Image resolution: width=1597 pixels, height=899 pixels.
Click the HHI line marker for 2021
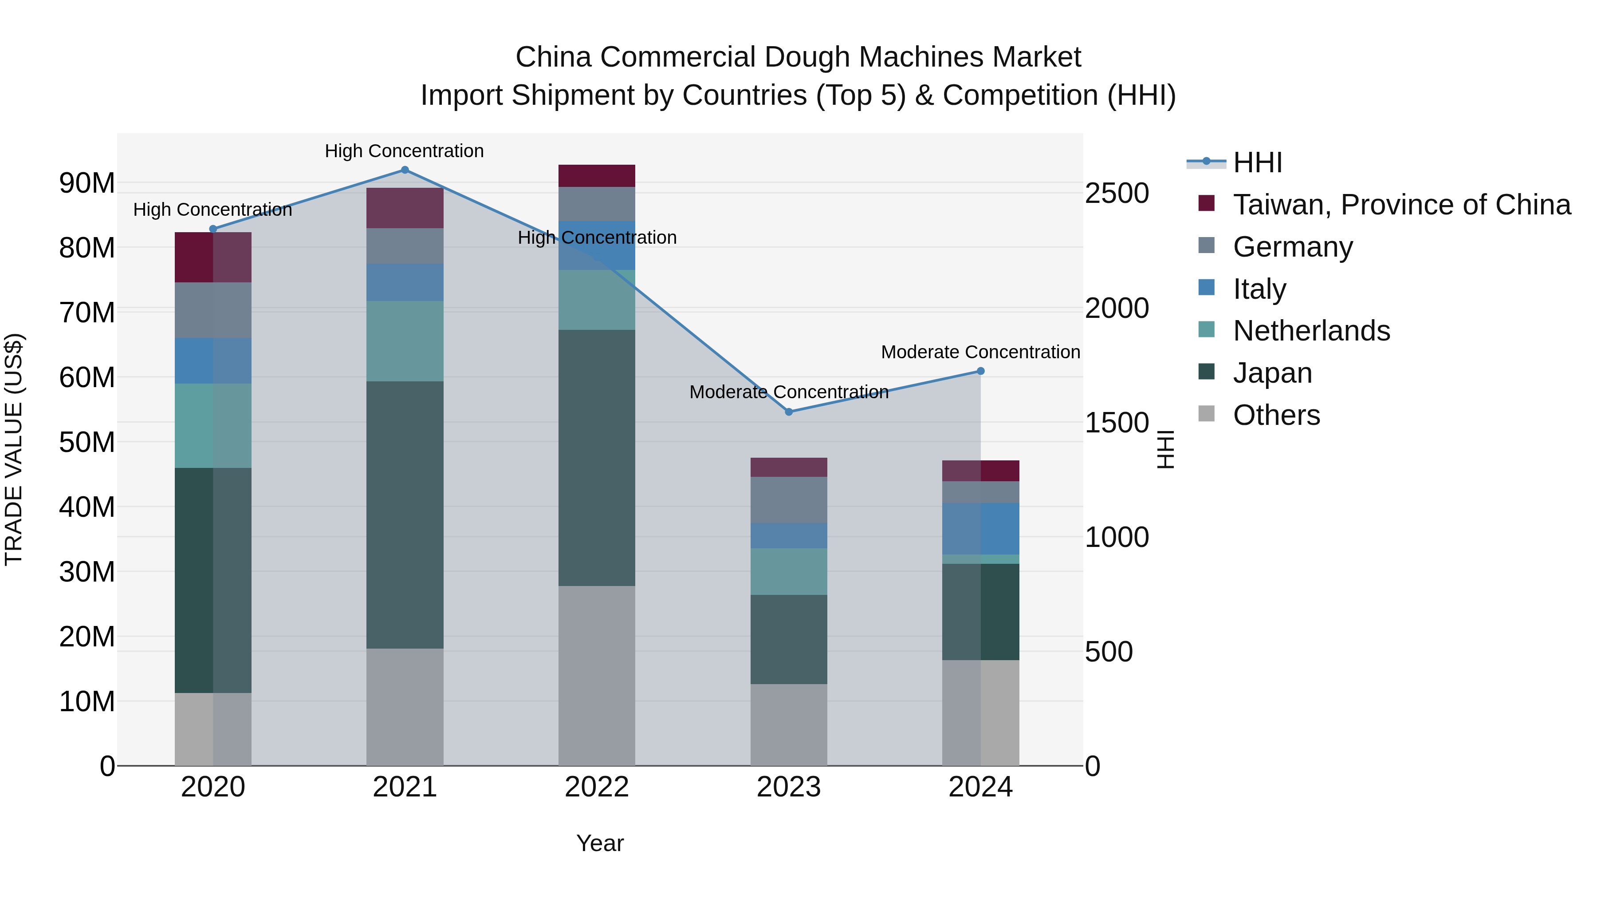point(405,170)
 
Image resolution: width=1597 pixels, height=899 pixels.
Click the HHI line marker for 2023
point(789,412)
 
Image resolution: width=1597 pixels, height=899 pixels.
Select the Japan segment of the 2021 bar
point(405,515)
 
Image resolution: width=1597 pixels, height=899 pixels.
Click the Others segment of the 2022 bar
point(596,676)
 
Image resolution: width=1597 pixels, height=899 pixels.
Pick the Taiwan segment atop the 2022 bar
point(596,175)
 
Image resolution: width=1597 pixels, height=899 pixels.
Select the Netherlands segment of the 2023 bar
point(789,571)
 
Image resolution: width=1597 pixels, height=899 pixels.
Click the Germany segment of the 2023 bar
point(789,499)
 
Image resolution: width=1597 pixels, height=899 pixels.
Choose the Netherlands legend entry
point(1311,331)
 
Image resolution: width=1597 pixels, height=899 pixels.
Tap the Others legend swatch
point(1207,413)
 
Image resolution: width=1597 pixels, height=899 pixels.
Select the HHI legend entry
point(1257,162)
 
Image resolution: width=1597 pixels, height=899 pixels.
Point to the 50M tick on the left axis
point(87,442)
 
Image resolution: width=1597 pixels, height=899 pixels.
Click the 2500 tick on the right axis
point(1117,193)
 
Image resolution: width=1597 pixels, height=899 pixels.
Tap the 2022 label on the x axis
point(596,787)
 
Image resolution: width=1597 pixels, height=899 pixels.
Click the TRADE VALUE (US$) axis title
point(14,449)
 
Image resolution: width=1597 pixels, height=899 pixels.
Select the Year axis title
point(599,843)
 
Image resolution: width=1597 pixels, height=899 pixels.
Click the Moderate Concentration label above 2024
point(980,352)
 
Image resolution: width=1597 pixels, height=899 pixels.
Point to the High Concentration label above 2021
point(404,151)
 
